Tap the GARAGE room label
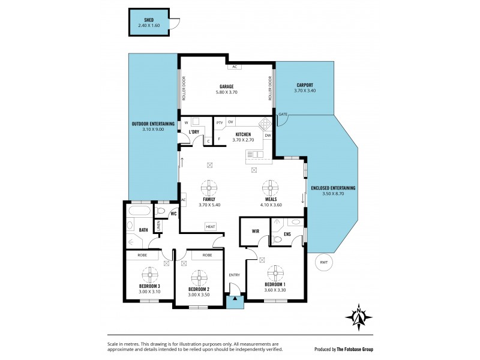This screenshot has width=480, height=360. (x=226, y=86)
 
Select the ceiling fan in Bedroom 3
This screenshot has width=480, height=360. (x=150, y=273)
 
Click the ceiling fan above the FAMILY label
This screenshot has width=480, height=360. (x=209, y=186)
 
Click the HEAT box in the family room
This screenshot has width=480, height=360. (x=211, y=226)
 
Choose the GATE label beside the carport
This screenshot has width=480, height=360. (x=283, y=114)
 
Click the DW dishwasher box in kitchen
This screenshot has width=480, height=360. (x=268, y=136)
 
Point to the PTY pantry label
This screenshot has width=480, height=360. (x=220, y=122)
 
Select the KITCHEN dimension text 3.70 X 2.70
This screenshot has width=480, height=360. (x=243, y=139)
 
